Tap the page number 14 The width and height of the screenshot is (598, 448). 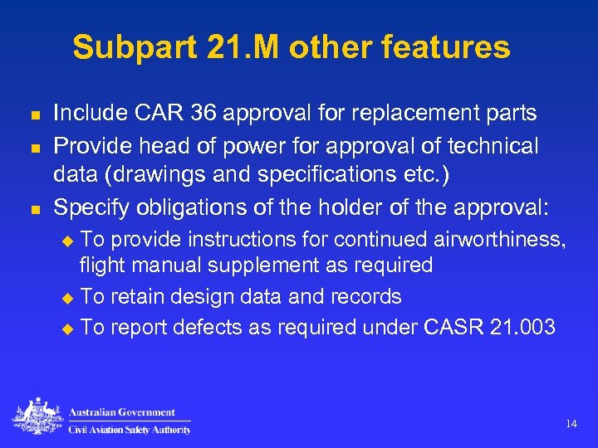click(x=571, y=424)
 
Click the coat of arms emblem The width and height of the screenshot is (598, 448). click(x=37, y=417)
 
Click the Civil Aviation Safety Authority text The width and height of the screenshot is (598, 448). click(x=129, y=430)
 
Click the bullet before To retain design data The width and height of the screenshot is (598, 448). click(x=69, y=298)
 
